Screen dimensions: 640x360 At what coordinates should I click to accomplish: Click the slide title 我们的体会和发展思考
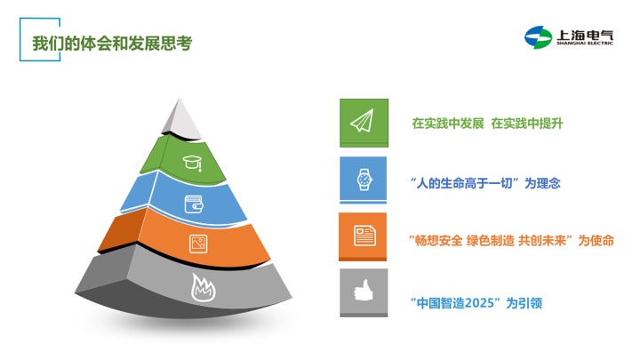point(112,44)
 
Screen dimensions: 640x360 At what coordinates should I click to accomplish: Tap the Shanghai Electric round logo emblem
point(538,37)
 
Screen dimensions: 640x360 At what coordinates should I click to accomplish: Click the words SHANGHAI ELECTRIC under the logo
point(585,43)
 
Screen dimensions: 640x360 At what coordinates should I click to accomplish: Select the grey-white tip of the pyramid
point(180,118)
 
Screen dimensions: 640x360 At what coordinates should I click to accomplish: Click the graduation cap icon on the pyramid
point(192,163)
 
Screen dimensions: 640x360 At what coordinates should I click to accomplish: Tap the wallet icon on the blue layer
point(194,204)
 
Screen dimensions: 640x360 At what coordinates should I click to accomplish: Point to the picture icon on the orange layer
point(198,244)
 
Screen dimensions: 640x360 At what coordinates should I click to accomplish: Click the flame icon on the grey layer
point(204,287)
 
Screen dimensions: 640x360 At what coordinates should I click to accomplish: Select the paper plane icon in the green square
point(362,121)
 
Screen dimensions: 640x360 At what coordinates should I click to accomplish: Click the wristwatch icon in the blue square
point(364,180)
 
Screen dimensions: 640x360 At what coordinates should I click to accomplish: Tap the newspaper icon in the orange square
point(364,236)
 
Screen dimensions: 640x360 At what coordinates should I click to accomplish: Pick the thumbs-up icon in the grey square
point(364,290)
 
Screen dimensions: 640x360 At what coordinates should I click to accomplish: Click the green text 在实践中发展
point(448,124)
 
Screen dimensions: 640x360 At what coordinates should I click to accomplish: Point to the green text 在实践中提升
point(527,124)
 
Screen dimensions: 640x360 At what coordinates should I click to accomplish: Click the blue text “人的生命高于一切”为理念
point(485,183)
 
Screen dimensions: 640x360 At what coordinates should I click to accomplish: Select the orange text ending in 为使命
point(511,240)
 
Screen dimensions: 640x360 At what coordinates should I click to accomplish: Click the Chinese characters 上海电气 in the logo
point(585,35)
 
